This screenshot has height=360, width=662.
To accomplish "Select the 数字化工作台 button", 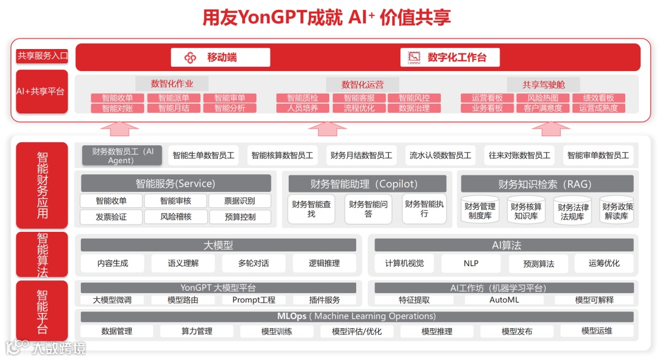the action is [450, 58].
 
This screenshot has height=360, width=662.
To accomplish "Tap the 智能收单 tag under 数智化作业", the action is [117, 98].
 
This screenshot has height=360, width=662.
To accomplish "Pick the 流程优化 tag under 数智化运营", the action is [359, 108].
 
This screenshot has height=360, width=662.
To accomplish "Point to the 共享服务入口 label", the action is [42, 56].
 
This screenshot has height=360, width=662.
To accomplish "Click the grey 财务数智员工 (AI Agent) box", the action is [121, 155].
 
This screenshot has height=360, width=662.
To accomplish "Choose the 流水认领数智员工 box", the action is [440, 155].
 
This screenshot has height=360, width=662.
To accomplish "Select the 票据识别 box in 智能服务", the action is [240, 201].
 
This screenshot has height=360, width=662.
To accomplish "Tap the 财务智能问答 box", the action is [368, 209].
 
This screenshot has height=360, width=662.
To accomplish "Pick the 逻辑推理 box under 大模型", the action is [324, 263].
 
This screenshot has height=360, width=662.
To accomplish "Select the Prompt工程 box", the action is [253, 300].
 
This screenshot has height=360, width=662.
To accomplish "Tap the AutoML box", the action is [504, 300].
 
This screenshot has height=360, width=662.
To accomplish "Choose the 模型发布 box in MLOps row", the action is [517, 331].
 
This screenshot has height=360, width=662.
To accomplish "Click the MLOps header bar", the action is [357, 316].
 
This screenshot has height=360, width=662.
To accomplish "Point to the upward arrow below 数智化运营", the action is [327, 128].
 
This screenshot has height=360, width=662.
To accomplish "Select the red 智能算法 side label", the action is [42, 255].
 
